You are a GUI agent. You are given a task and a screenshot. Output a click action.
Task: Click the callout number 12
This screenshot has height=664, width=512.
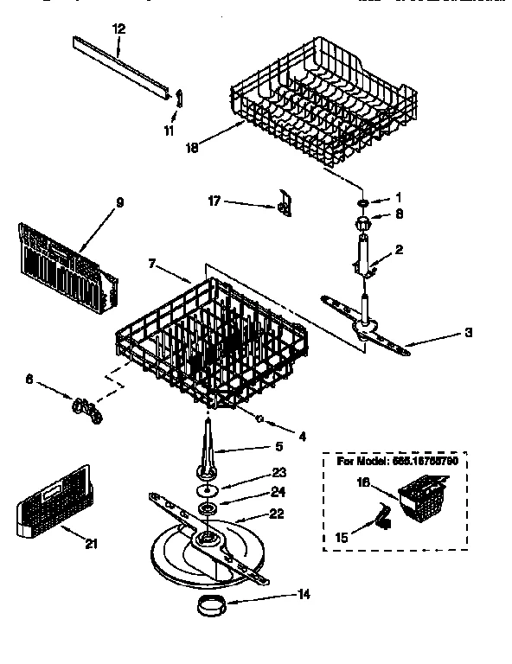click(118, 29)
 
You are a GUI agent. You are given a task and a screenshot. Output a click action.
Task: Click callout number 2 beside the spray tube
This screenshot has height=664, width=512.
click(398, 250)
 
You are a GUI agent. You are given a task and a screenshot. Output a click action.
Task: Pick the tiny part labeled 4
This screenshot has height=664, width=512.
click(259, 417)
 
